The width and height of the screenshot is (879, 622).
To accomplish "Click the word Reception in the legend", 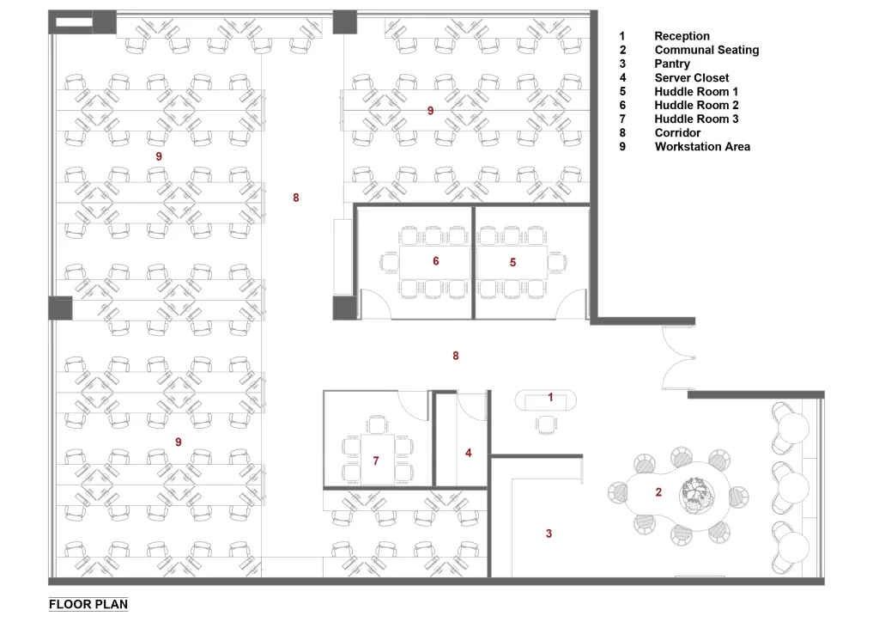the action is tap(682, 36).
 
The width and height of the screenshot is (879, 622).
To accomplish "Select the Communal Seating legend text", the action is tap(706, 50).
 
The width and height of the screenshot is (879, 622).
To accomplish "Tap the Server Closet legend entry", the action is tap(692, 77).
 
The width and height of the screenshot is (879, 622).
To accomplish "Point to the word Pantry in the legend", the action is tap(672, 64).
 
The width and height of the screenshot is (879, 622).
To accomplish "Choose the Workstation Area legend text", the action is tap(702, 146).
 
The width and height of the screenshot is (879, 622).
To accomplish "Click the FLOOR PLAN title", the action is tap(88, 604).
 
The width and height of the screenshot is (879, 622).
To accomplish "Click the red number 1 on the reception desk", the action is tap(550, 397).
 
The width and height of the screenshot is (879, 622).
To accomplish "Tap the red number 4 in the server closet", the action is tap(469, 453).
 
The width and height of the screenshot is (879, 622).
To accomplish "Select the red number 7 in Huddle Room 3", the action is tap(376, 461).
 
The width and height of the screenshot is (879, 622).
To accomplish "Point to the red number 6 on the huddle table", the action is tap(435, 261).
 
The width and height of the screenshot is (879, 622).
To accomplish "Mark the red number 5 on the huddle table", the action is tap(512, 263).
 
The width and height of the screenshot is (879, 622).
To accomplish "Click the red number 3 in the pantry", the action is tap(549, 534).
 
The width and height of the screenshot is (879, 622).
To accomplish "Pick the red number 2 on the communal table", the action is tap(658, 492).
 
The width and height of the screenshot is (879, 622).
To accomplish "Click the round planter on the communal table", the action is tap(697, 494).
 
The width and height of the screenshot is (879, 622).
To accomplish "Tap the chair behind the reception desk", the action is tap(546, 424).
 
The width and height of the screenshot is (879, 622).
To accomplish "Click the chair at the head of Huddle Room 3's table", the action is tap(378, 424).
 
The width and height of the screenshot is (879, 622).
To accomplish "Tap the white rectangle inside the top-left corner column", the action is tap(74, 22).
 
